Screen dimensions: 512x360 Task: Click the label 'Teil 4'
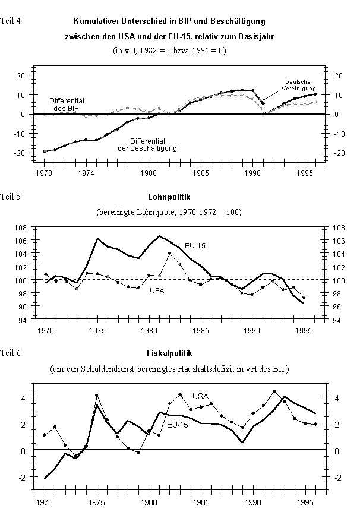(12, 21)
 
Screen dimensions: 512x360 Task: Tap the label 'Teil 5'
(12, 196)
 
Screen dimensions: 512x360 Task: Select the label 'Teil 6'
(12, 353)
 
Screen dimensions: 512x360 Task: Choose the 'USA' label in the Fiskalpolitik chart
(201, 396)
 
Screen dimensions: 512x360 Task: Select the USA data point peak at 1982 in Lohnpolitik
(170, 254)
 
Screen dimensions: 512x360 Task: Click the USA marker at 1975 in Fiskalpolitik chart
(96, 396)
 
